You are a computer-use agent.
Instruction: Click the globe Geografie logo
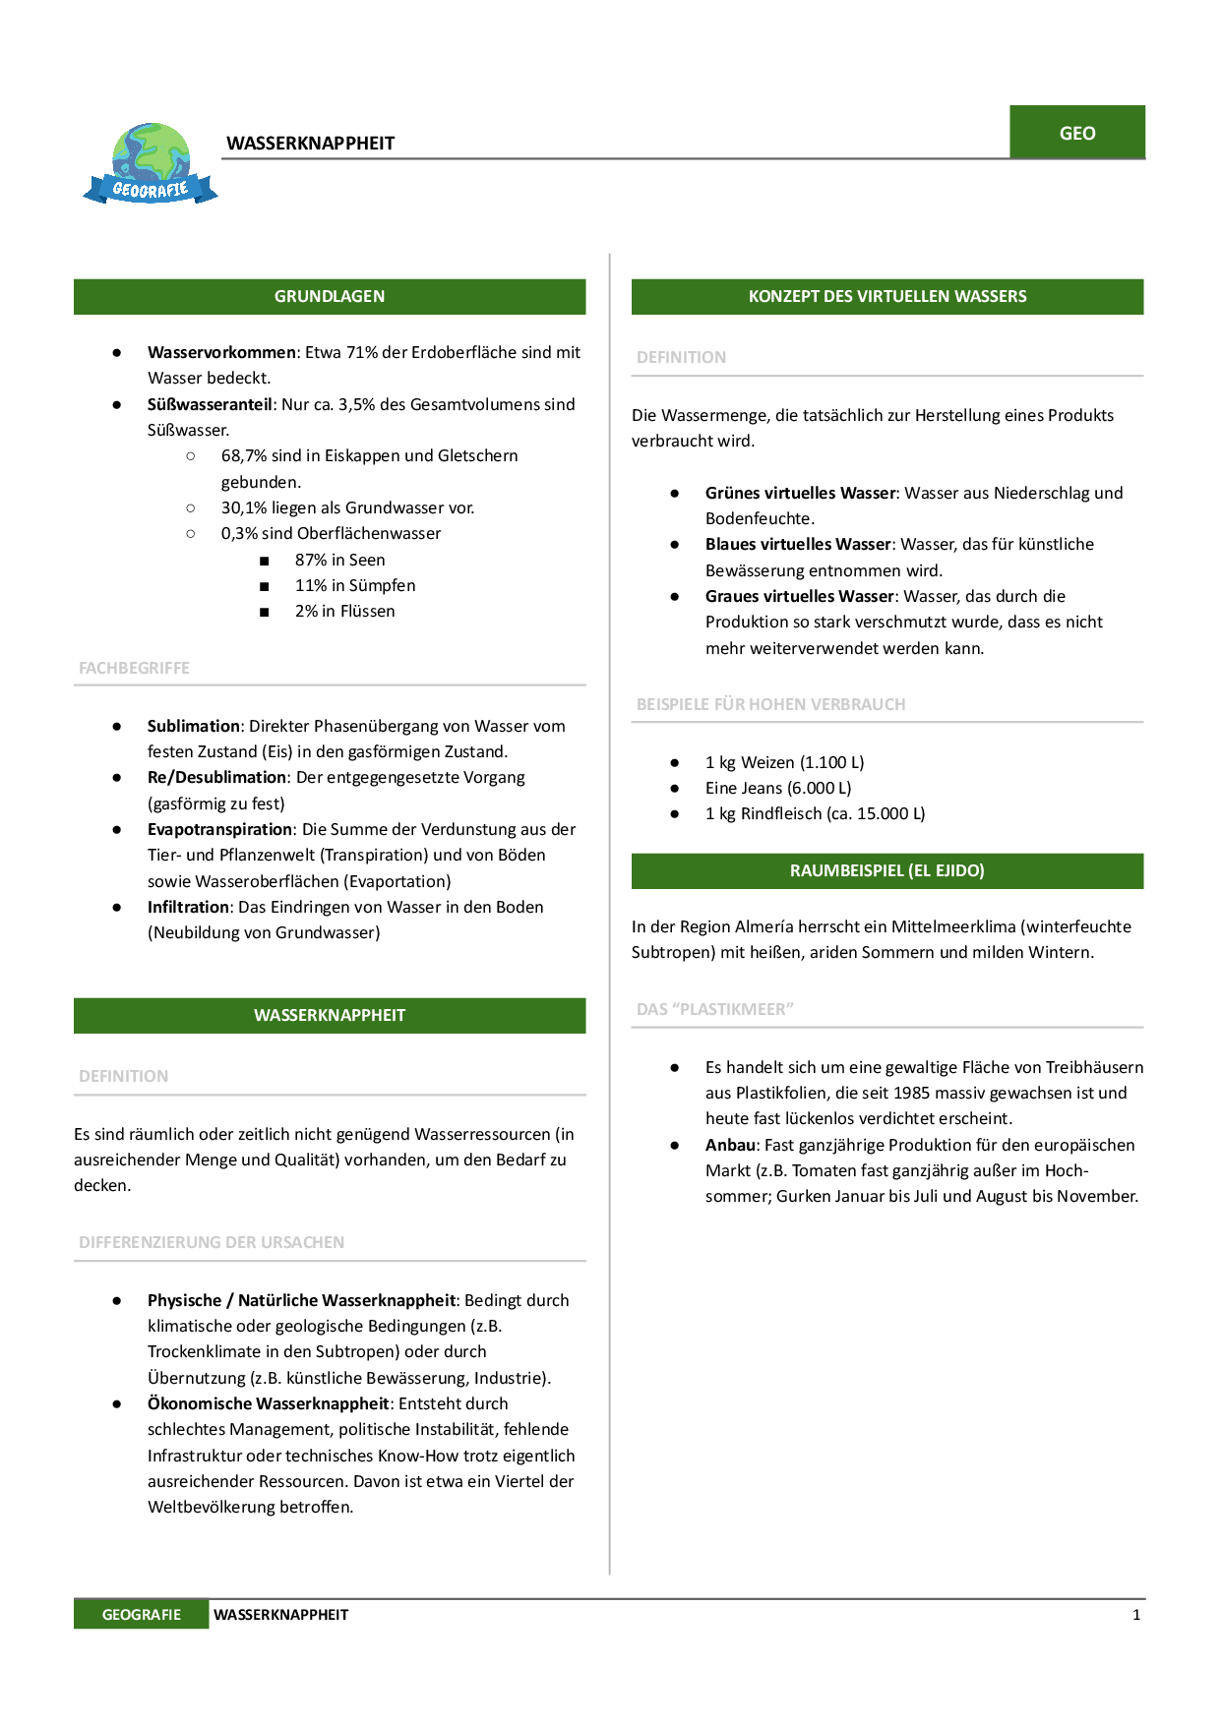pos(151,163)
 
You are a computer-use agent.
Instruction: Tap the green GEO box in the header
pos(1076,133)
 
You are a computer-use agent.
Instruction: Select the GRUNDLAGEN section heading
pos(330,296)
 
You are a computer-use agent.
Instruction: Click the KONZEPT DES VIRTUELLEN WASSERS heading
pos(886,296)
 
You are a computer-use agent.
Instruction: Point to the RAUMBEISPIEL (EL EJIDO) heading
pos(886,870)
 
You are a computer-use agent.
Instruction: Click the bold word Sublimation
pos(193,726)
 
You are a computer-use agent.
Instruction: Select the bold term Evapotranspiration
pos(219,829)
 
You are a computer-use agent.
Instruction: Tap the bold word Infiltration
pos(189,907)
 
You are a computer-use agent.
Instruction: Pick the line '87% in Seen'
pos(339,560)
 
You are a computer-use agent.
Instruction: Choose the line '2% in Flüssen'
pos(344,611)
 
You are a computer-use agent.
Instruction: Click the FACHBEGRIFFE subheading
pos(134,668)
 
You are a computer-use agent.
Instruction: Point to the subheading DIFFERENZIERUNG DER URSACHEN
pos(212,1242)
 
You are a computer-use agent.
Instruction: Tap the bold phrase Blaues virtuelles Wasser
pos(798,544)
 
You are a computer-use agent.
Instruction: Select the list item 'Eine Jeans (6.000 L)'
pos(778,788)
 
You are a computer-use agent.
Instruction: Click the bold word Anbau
pos(730,1145)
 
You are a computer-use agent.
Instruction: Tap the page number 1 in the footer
pos(1136,1614)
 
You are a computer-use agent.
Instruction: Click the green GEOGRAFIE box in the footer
pos(141,1614)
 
